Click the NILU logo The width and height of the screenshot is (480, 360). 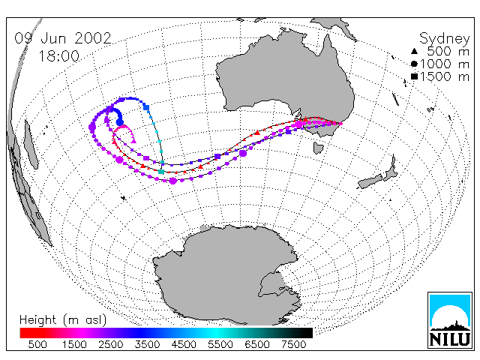click(x=450, y=320)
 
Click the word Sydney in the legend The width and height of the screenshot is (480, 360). click(x=445, y=39)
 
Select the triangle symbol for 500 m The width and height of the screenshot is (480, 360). click(x=414, y=51)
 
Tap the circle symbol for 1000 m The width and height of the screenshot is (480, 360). click(x=414, y=64)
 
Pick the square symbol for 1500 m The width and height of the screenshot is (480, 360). click(x=414, y=76)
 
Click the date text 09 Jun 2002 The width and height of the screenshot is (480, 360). click(x=63, y=38)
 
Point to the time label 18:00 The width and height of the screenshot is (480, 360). click(x=58, y=56)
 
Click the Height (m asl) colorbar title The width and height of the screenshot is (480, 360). click(x=63, y=320)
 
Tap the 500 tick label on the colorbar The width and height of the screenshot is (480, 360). click(x=37, y=344)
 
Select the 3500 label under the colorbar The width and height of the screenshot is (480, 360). click(x=147, y=344)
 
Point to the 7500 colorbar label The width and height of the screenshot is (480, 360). click(x=293, y=344)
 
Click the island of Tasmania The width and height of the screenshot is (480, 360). click(x=318, y=148)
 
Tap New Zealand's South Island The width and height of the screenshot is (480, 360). click(x=370, y=181)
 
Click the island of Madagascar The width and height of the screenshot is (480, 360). click(x=31, y=144)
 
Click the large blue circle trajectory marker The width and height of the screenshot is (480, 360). click(x=120, y=123)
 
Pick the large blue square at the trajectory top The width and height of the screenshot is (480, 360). click(x=146, y=107)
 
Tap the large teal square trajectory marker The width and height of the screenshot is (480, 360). click(x=161, y=172)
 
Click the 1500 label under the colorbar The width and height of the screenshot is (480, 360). click(x=74, y=344)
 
